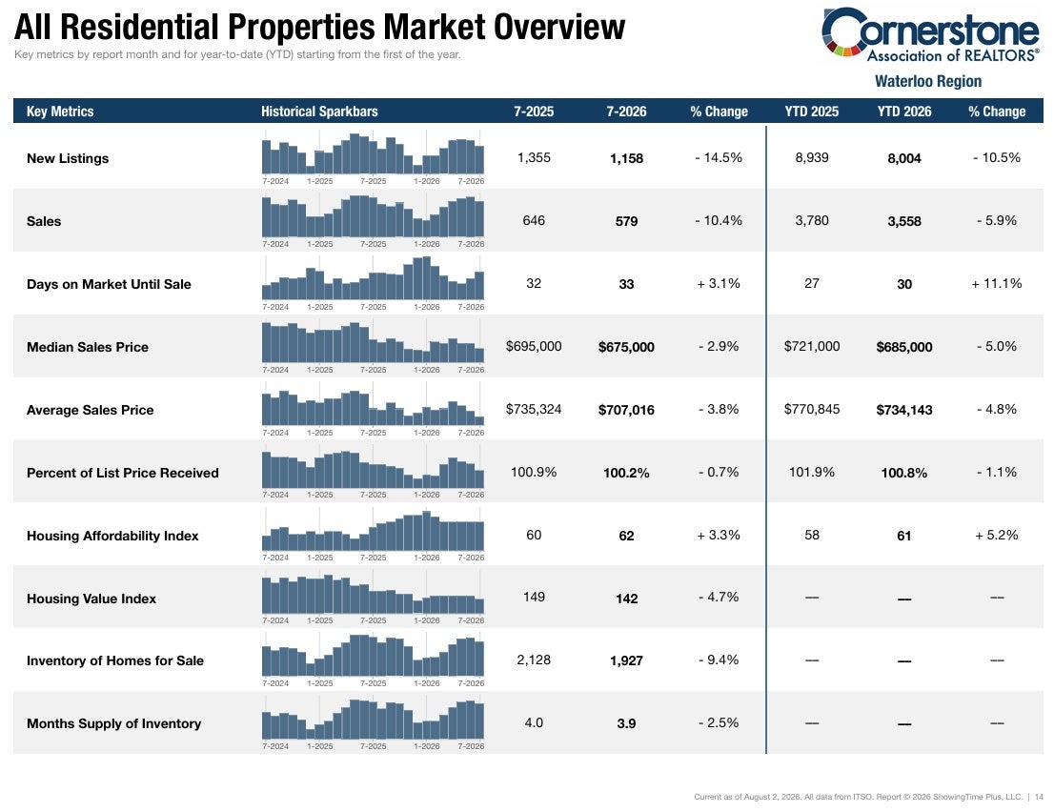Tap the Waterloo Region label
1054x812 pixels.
927,81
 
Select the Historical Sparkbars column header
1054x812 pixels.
319,112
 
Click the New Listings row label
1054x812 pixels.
68,158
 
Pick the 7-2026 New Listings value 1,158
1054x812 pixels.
626,158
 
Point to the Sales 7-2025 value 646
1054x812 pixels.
534,220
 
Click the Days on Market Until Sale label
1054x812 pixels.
109,284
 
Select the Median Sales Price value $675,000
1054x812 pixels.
626,347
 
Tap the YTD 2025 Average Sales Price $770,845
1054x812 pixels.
812,410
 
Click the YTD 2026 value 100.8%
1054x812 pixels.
904,474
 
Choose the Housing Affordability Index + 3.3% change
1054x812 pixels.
719,535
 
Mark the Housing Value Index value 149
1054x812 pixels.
534,597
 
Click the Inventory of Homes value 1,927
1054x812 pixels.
626,660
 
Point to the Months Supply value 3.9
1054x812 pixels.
626,723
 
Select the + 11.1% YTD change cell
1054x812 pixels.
997,284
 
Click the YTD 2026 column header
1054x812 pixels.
904,112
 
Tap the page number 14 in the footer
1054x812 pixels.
1039,797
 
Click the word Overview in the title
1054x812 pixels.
559,27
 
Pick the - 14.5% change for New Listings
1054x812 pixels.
719,158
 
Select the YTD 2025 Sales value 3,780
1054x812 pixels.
812,220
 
